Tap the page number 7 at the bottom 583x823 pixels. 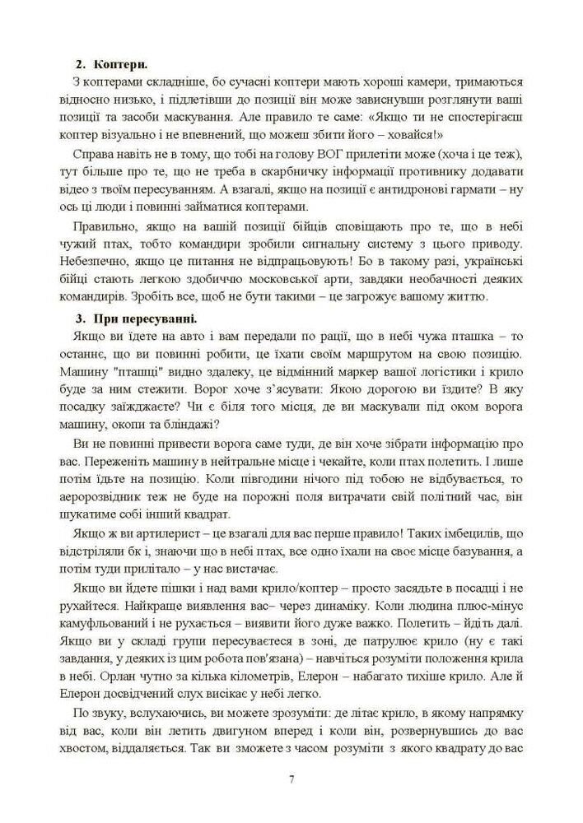click(291, 779)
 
